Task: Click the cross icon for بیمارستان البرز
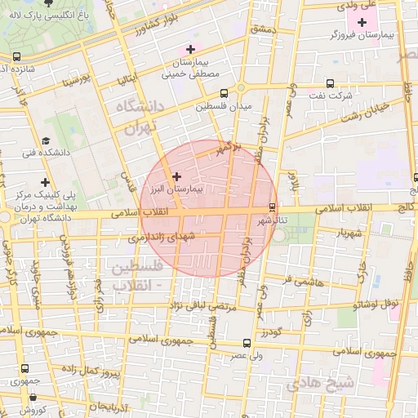coord(176,176)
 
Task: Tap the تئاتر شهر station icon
coord(272,207)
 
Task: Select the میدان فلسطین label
coord(223,106)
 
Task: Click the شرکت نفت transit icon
coord(330,83)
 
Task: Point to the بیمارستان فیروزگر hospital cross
coord(362,20)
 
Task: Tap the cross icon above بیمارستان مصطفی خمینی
coord(191,50)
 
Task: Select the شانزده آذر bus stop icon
coord(17,56)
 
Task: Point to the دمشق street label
coord(266,29)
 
